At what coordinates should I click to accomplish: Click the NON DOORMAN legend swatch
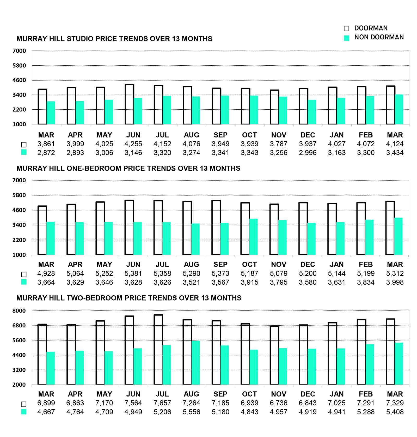click(x=346, y=38)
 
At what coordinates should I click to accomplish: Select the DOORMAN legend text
click(x=371, y=28)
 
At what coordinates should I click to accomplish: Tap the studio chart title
click(x=114, y=39)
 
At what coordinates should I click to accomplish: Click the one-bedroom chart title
click(x=128, y=169)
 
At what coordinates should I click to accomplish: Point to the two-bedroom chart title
click(x=129, y=298)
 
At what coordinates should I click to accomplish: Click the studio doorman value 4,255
click(x=133, y=144)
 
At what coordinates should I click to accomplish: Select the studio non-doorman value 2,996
click(x=308, y=153)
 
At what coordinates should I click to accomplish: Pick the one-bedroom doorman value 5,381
click(x=133, y=273)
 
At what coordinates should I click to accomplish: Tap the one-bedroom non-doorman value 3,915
click(x=249, y=282)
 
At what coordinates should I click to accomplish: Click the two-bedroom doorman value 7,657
click(x=162, y=403)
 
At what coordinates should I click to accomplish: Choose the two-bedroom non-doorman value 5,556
click(x=191, y=412)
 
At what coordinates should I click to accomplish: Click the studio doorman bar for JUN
click(x=130, y=104)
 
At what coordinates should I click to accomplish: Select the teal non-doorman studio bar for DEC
click(x=312, y=112)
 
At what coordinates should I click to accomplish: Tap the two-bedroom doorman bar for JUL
click(x=158, y=350)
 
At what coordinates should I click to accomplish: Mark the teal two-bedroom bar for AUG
click(x=195, y=363)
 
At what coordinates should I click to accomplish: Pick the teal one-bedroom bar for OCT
click(x=253, y=237)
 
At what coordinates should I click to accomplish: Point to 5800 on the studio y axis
click(x=19, y=66)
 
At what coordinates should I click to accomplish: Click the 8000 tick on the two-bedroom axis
click(x=19, y=311)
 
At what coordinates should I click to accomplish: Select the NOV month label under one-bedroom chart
click(x=279, y=265)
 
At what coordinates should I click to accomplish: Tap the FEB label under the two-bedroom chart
click(x=366, y=394)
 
